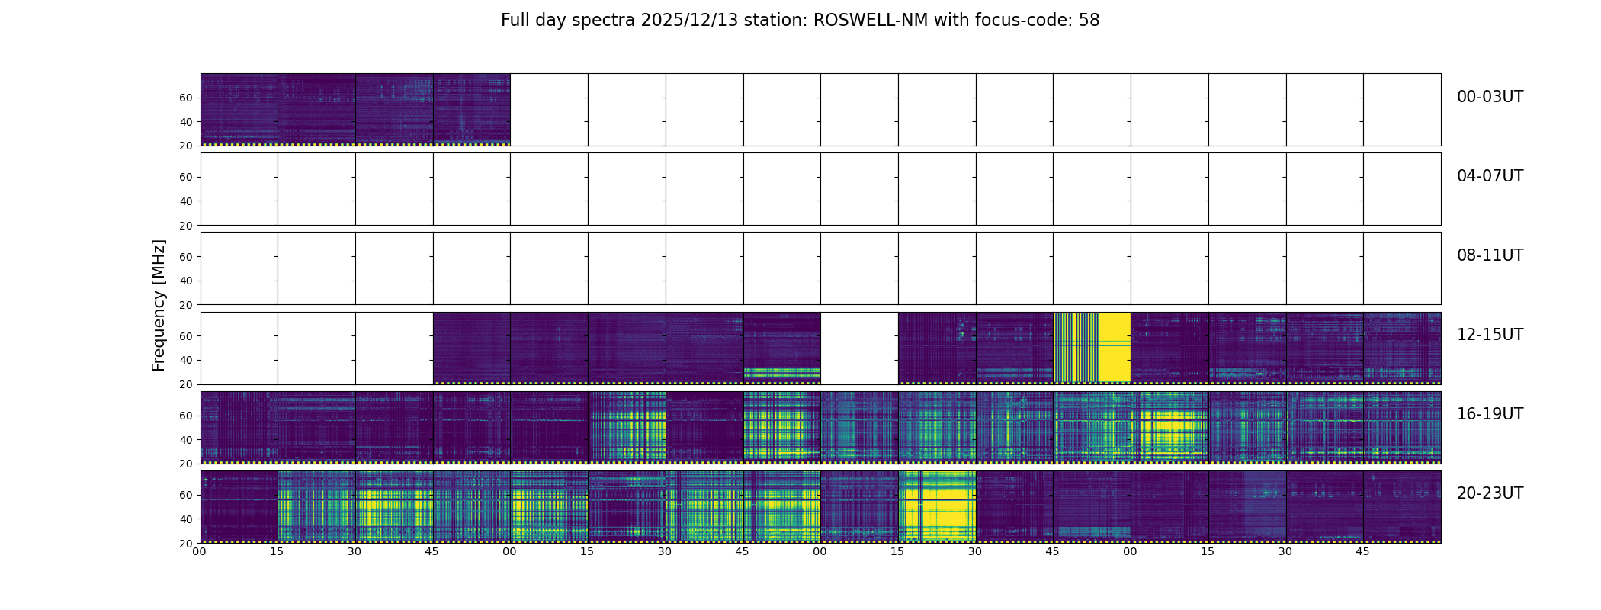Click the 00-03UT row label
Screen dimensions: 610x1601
1490,97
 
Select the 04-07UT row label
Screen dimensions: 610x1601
1490,176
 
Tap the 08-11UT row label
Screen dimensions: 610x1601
1490,255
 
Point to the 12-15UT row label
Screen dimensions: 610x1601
1490,335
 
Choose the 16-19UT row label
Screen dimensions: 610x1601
1490,414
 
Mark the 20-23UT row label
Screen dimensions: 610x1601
1490,493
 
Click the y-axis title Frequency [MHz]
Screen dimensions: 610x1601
159,305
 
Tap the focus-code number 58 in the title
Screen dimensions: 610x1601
1089,21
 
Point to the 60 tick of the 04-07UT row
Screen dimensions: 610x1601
185,177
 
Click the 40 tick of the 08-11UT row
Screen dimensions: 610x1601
185,281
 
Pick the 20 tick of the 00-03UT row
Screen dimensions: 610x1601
185,146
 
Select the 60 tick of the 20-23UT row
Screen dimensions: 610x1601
185,495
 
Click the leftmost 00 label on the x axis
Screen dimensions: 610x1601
200,551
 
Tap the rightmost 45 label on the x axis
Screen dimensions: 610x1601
1362,551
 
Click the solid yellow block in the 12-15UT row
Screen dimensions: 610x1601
1114,347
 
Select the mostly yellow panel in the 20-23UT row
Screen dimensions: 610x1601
937,506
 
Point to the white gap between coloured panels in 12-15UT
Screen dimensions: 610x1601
859,348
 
